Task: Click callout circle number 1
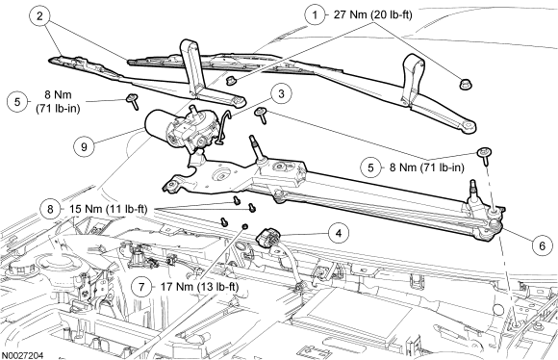315,15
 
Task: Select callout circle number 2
39,16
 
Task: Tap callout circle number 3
282,94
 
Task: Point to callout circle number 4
339,233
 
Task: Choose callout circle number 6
542,245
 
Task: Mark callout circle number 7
141,287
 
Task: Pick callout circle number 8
50,209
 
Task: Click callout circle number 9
84,146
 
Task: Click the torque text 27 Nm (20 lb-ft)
372,15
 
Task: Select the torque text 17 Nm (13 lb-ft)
200,287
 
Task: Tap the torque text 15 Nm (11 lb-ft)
108,209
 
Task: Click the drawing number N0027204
22,355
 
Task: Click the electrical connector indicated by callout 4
268,238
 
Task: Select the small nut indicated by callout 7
244,226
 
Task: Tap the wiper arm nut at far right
463,84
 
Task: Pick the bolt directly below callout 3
261,115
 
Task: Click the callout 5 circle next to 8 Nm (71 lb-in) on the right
370,167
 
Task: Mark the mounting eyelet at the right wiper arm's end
469,126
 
